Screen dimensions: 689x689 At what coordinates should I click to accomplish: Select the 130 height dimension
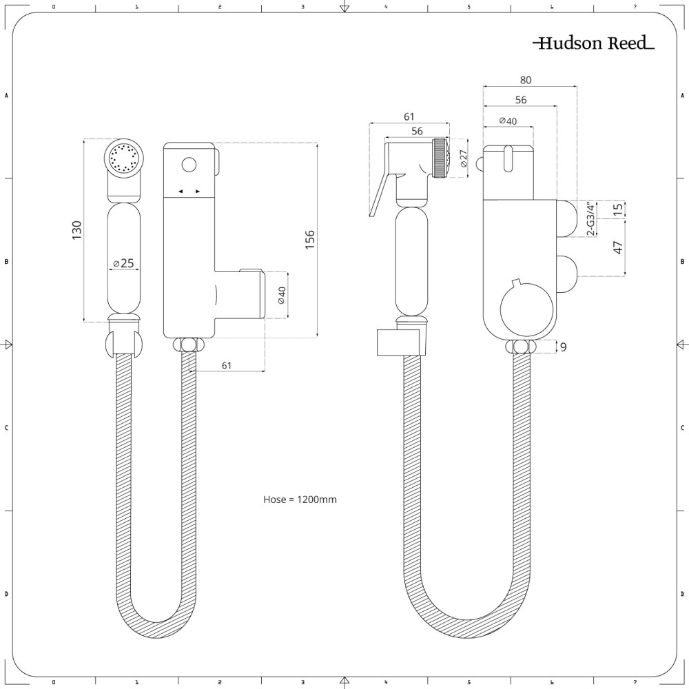[x=76, y=229]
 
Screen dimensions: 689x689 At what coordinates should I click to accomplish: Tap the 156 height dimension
[x=310, y=238]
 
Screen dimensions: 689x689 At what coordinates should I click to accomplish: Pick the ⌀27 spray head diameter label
[x=463, y=159]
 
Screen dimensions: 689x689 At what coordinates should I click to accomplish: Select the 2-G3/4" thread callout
[x=590, y=219]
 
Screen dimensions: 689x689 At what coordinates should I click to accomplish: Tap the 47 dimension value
[x=618, y=247]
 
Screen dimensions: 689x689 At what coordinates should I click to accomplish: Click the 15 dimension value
[x=618, y=209]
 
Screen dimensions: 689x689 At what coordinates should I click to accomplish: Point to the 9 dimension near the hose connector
[x=563, y=347]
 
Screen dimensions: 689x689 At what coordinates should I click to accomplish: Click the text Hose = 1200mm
[x=300, y=500]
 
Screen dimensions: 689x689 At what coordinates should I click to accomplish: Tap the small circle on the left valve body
[x=188, y=165]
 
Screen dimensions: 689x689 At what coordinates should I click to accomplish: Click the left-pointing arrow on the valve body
[x=180, y=191]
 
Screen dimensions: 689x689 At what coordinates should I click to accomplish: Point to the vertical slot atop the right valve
[x=508, y=158]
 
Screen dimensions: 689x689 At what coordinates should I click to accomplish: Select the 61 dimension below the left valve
[x=226, y=366]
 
